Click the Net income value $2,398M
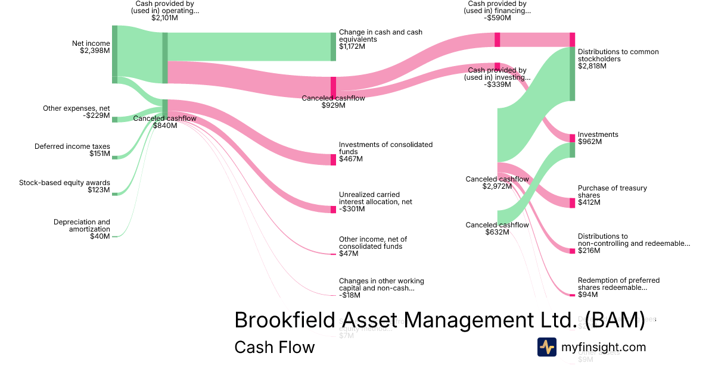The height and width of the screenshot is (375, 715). pos(95,51)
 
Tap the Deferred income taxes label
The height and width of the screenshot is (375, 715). pos(72,146)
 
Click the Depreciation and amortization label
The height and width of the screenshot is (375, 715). pos(82,226)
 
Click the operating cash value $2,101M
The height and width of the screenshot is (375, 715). pos(164,18)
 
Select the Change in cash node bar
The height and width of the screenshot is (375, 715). pos(334,46)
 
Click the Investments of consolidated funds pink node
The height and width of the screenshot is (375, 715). pos(334,160)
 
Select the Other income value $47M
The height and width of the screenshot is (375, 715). pos(349,254)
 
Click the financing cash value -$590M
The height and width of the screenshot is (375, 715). pos(498,18)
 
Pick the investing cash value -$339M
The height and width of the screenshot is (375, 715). pos(498,84)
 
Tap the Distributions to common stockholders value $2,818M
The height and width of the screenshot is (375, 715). pos(592,66)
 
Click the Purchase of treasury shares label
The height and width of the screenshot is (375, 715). pos(612,192)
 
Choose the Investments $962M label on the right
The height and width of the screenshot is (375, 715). pos(598,138)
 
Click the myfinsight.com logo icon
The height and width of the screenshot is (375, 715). pos(546,347)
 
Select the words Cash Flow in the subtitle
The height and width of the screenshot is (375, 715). pos(274,347)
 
